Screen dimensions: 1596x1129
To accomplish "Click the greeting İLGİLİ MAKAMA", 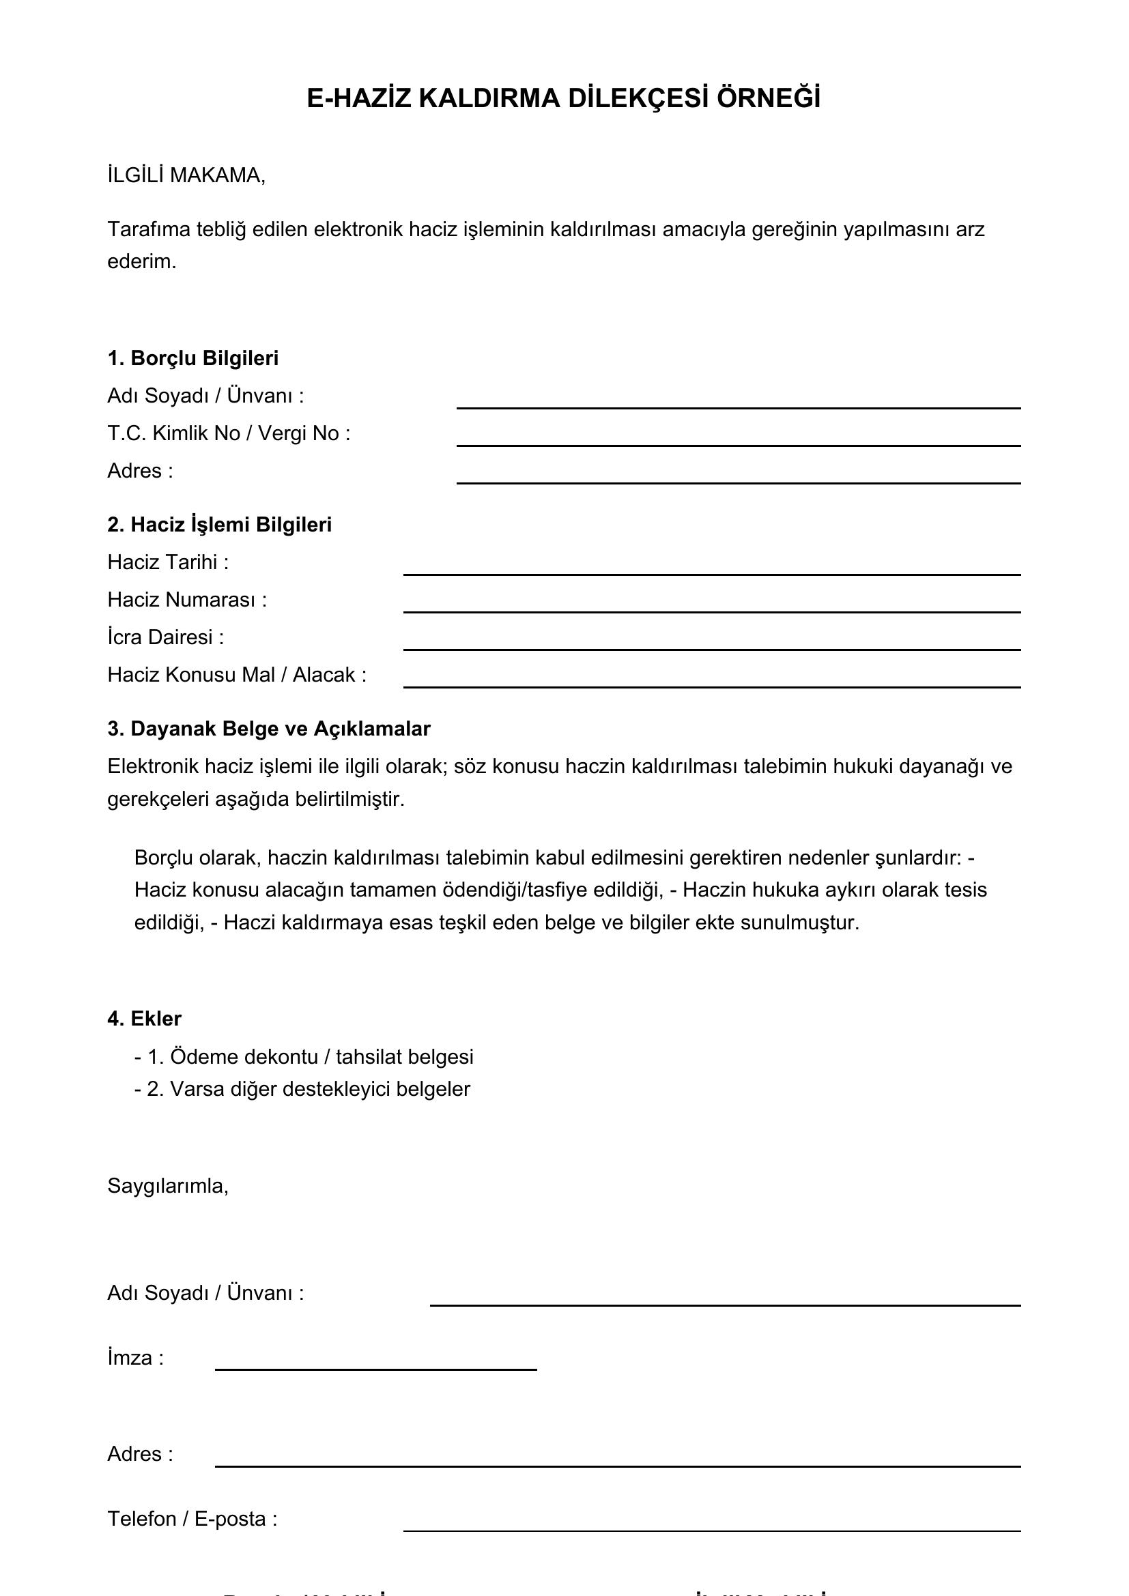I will click(186, 176).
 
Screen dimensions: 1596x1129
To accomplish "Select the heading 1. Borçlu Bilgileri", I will click(192, 358).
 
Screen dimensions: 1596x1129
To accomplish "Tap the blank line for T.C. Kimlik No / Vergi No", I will click(738, 444).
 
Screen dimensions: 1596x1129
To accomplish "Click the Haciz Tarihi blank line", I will click(711, 572).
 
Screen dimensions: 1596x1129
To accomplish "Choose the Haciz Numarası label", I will click(186, 600).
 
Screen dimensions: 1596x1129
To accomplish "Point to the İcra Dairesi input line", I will click(711, 648).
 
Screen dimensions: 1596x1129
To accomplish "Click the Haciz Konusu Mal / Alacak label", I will click(236, 675).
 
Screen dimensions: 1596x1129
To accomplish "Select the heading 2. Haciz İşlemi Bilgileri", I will click(219, 524).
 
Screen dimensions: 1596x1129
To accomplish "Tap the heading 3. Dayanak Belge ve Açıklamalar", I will click(268, 729).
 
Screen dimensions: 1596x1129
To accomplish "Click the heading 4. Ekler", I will click(144, 1018).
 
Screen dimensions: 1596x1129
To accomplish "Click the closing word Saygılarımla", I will click(167, 1186).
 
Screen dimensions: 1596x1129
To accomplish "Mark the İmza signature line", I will click(375, 1368).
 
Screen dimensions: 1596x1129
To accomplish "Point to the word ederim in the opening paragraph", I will click(141, 261).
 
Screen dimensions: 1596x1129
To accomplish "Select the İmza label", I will click(136, 1358).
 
